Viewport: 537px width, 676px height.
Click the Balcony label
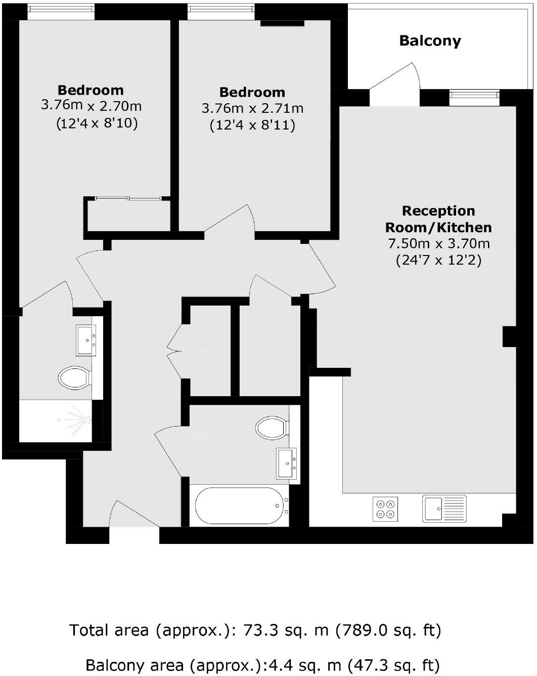click(x=430, y=40)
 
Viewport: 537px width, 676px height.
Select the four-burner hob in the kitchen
click(x=385, y=509)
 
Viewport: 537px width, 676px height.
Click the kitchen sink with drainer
click(x=444, y=509)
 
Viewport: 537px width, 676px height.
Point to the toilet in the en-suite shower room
click(x=74, y=377)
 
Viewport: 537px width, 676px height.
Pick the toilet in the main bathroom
click(x=272, y=428)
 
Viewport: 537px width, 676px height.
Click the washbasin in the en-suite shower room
click(x=86, y=340)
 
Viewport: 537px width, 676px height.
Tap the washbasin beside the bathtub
click(x=287, y=463)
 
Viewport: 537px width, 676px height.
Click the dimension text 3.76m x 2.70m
click(x=91, y=106)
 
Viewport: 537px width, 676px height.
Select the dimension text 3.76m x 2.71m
click(x=252, y=108)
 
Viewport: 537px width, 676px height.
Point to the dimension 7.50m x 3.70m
click(x=438, y=243)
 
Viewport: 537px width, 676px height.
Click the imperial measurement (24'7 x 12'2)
click(x=438, y=260)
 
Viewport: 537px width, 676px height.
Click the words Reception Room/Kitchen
click(x=438, y=219)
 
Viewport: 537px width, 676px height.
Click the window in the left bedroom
click(x=61, y=11)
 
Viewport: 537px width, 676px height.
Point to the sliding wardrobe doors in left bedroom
click(x=128, y=198)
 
